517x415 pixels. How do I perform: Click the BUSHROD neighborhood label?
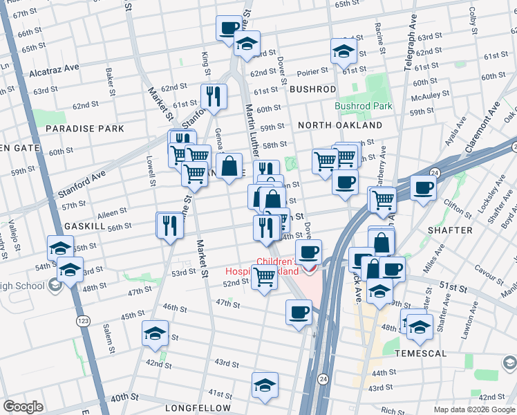(312, 89)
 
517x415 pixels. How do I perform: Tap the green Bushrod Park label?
(364, 106)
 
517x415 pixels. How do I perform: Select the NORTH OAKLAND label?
(340, 125)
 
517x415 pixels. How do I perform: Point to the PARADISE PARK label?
(85, 129)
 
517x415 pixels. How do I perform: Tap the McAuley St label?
(431, 93)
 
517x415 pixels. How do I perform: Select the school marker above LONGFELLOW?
(265, 387)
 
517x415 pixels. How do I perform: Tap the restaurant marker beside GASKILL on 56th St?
(169, 225)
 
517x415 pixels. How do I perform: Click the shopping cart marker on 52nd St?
(264, 278)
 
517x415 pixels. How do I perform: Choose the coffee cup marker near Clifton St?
(422, 187)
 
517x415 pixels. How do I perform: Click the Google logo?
(23, 407)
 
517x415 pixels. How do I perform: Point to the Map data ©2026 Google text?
(473, 409)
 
